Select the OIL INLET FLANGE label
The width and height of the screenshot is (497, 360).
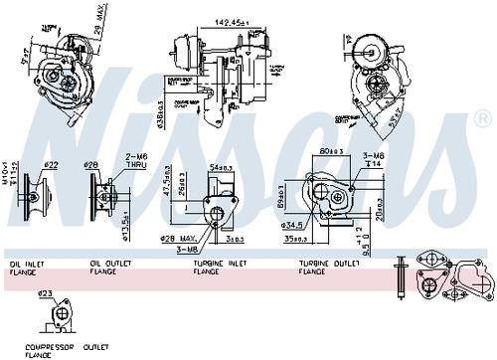27,268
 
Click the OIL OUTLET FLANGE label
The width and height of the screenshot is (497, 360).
108,268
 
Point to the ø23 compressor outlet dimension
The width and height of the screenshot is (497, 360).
48,293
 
